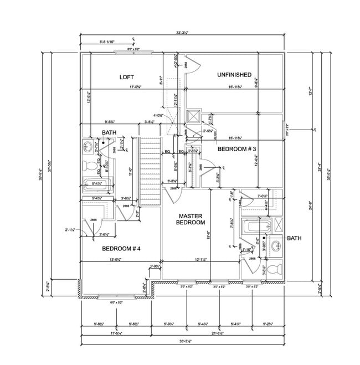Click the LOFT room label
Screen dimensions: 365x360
tap(127, 77)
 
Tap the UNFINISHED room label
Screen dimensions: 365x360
tap(234, 75)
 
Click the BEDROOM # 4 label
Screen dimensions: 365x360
tap(121, 249)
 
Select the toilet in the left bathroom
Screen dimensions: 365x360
tap(87, 165)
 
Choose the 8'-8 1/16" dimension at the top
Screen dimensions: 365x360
tap(109, 42)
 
